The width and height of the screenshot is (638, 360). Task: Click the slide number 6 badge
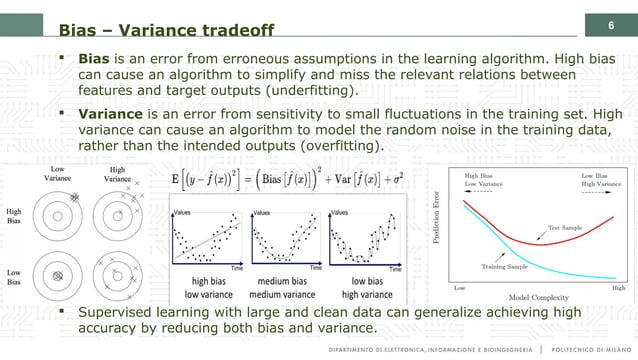pyautogui.click(x=611, y=22)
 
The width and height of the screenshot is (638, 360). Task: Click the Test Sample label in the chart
pyautogui.click(x=565, y=228)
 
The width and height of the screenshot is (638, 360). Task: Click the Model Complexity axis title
pyautogui.click(x=539, y=297)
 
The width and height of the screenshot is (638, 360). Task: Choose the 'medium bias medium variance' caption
pyautogui.click(x=281, y=288)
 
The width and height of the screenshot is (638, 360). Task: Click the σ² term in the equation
pyautogui.click(x=395, y=185)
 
